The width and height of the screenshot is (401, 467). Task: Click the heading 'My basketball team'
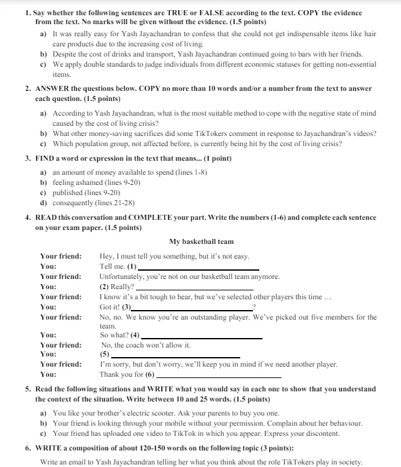point(201,241)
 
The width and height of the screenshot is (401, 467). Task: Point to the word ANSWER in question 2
point(53,89)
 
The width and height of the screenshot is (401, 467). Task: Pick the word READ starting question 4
point(48,217)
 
